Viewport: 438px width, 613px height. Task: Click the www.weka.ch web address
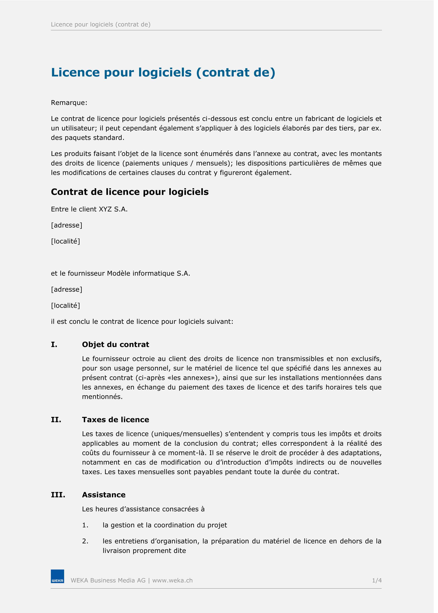172,580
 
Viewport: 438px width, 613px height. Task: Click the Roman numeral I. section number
54,345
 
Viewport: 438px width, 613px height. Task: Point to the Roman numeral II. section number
56,420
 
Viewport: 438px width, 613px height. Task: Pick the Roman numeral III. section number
58,495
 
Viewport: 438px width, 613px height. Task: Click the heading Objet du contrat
115,345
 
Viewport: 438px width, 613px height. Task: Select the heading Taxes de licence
115,420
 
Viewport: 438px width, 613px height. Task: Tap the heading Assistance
104,495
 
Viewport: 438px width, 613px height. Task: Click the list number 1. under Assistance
85,525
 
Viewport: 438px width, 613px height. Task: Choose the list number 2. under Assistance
85,541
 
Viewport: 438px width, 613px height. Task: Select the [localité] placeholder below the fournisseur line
66,306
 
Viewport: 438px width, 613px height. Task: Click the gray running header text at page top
101,25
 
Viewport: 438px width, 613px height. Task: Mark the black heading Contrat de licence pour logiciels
130,192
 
